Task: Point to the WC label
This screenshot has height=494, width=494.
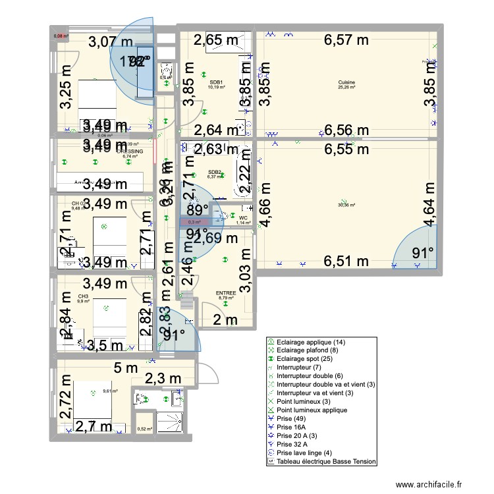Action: [243, 217]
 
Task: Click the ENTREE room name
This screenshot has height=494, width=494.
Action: [226, 294]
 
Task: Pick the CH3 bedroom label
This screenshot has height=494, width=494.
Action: [83, 297]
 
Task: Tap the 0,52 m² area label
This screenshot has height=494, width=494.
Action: [145, 429]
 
